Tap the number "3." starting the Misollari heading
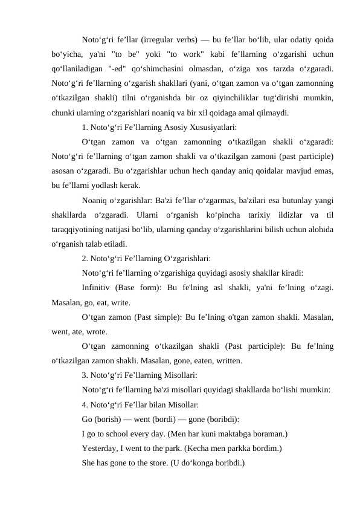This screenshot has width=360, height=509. [x=85, y=376]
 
